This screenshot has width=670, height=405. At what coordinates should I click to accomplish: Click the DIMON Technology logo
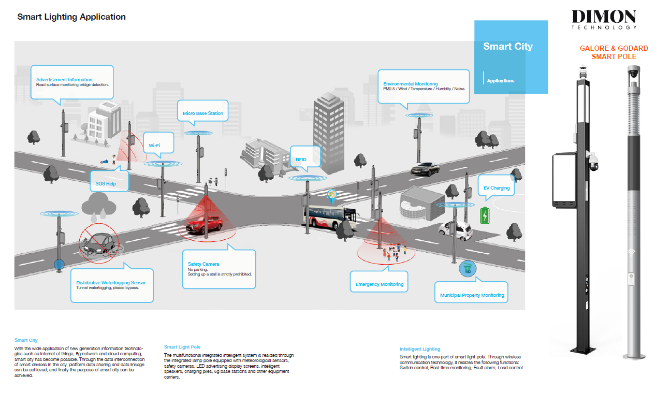point(604,20)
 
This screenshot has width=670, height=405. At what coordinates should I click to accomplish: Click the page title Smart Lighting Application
point(71,17)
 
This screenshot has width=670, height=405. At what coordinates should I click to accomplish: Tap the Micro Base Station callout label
point(203,113)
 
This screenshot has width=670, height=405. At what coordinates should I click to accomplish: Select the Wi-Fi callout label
point(154,146)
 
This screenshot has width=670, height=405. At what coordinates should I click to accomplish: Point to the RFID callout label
point(301,160)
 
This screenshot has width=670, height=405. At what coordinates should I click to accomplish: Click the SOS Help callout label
point(106,184)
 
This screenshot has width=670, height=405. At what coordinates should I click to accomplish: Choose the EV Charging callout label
point(497,188)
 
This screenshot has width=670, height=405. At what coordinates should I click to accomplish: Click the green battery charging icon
point(485,215)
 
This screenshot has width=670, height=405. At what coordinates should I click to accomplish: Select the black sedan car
point(425,168)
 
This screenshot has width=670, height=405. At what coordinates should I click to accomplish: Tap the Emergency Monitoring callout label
point(379,284)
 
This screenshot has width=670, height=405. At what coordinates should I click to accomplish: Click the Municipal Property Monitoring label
point(472,295)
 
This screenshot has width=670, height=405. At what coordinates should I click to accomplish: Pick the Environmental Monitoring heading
point(410,84)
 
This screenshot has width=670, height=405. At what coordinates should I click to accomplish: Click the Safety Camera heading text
point(203,264)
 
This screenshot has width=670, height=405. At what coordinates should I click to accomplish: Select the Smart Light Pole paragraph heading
point(182,347)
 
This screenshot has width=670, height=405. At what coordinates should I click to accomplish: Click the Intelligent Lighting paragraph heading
point(420,349)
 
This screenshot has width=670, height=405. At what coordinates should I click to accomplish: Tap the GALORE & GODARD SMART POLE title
point(614,52)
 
